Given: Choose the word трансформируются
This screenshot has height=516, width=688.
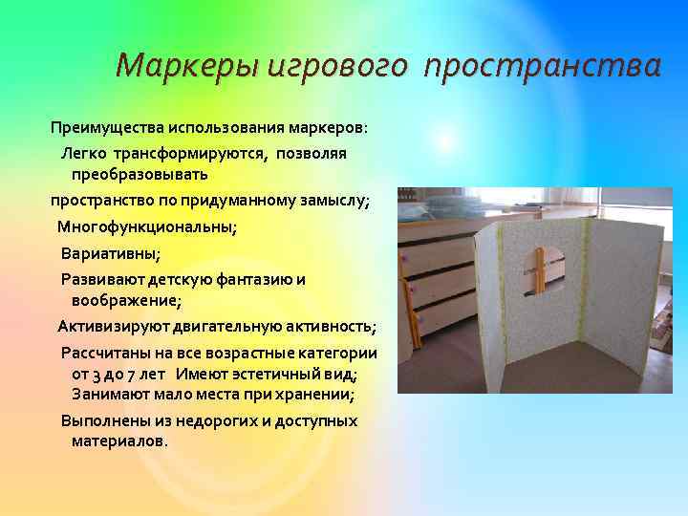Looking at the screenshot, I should click(190, 153).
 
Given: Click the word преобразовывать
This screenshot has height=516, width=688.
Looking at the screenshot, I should click(140, 176).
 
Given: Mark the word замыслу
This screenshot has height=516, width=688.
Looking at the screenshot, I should click(331, 202).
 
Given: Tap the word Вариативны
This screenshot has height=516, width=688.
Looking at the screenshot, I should click(111, 253).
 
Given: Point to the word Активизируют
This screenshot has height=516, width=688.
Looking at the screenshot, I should click(106, 327).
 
